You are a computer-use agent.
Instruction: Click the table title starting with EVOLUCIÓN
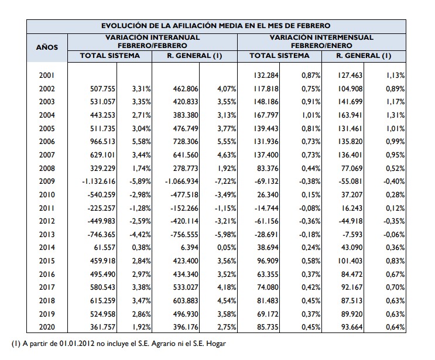point(216,25)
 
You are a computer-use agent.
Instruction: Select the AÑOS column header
point(47,47)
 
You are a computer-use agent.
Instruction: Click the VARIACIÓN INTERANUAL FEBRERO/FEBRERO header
point(152,40)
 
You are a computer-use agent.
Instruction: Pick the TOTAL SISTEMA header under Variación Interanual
point(110,56)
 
